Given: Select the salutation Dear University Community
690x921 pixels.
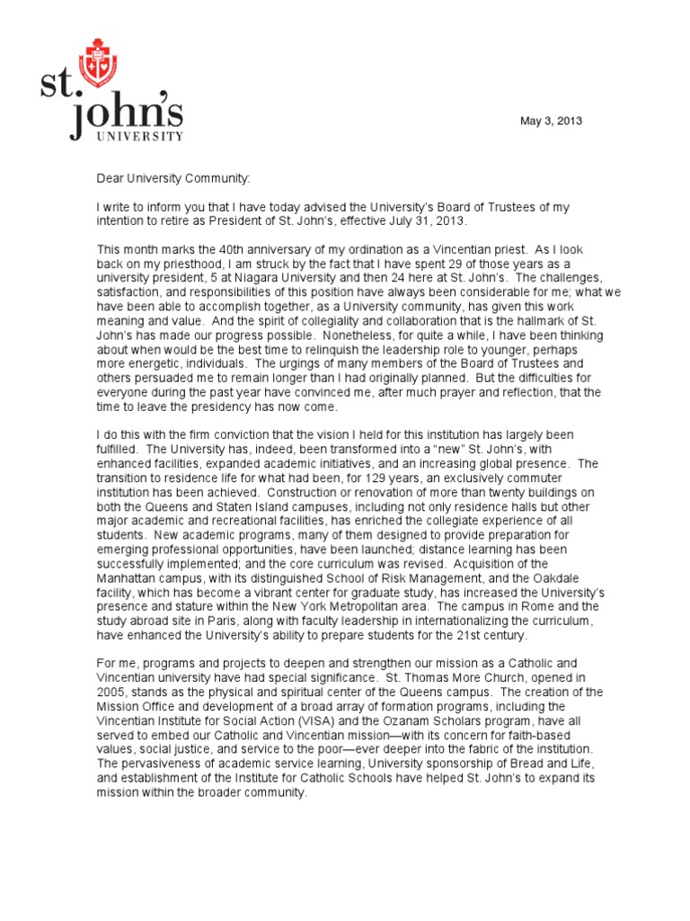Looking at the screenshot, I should (x=174, y=179).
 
